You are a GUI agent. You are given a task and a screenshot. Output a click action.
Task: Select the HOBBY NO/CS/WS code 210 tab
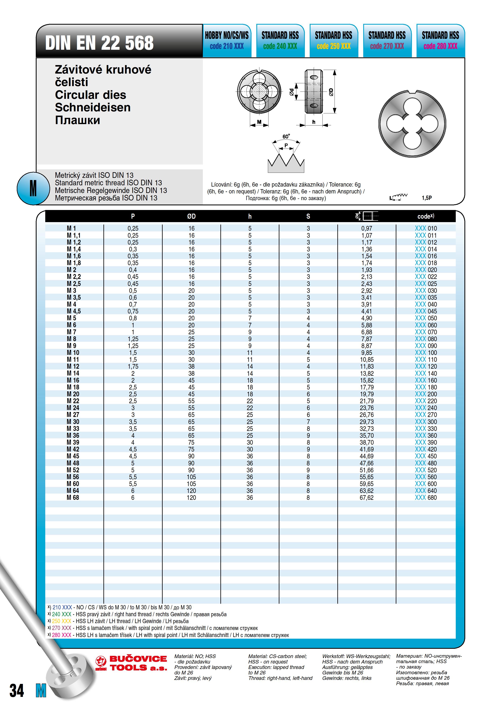click(227, 40)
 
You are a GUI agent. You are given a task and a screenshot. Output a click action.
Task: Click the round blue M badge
click(33, 188)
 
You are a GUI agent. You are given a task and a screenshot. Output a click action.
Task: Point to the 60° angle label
click(286, 136)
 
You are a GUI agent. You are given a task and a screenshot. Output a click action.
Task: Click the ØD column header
click(191, 216)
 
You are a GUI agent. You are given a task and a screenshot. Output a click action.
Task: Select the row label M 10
click(73, 353)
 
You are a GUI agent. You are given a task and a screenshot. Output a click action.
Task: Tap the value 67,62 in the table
click(366, 497)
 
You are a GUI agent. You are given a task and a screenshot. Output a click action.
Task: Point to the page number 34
click(17, 691)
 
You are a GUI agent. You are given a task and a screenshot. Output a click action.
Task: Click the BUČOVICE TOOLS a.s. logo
click(131, 663)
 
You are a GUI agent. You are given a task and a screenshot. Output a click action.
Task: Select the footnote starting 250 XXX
click(120, 621)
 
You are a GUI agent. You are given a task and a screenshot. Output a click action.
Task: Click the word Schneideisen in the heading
click(93, 108)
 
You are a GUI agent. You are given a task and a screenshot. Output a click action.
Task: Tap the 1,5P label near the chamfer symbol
click(427, 198)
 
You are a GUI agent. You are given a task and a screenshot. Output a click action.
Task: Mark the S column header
click(308, 216)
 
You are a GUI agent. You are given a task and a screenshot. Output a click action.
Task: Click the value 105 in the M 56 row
click(191, 477)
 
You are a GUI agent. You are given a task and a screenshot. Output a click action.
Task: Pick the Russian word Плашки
click(78, 120)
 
